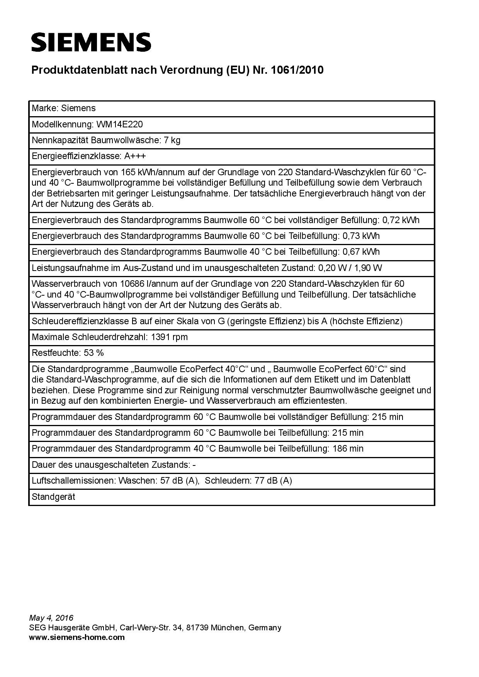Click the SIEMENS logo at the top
click(x=91, y=42)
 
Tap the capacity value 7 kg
click(x=172, y=140)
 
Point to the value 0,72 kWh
click(x=401, y=220)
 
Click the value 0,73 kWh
click(x=361, y=236)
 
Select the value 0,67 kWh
click(x=361, y=252)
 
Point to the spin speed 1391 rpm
click(x=169, y=337)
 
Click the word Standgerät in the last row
click(x=53, y=497)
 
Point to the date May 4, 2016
click(x=51, y=618)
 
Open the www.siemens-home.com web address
click(x=77, y=637)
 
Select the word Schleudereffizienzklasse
click(x=79, y=321)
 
